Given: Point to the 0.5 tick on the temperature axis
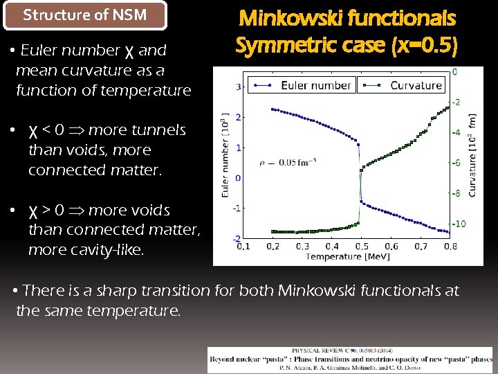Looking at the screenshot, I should click(361, 247).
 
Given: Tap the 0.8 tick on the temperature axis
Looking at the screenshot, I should click(450, 247).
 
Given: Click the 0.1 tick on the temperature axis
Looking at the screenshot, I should click(243, 247).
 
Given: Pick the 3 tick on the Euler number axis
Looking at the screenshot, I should click(238, 87).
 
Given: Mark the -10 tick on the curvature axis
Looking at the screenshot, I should click(459, 224).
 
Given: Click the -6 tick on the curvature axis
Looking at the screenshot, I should click(456, 163).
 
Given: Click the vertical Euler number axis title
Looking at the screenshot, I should click(225, 155).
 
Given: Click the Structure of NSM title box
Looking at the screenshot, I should click(85, 15).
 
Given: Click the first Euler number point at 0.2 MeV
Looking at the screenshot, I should click(273, 109).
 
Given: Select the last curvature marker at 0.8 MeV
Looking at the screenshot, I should click(450, 98).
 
